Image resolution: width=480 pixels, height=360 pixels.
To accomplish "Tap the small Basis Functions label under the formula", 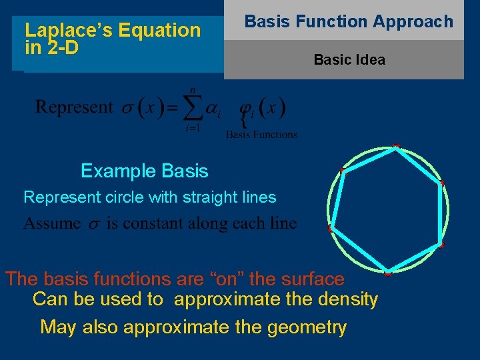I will (x=261, y=134).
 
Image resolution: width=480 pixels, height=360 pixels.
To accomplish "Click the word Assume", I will (x=52, y=223).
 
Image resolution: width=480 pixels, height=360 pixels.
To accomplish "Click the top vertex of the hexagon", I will (x=396, y=147).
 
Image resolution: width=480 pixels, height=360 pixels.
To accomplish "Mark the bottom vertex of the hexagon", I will (x=387, y=272).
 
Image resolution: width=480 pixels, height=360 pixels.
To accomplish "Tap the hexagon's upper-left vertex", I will (x=341, y=171).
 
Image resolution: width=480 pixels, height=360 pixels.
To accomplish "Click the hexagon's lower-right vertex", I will (x=441, y=245).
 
